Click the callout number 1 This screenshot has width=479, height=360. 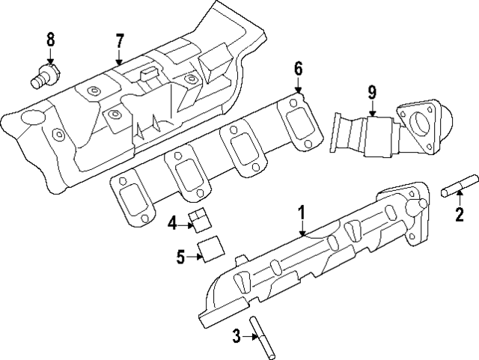coord(302,211)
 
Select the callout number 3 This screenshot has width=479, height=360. coord(236,337)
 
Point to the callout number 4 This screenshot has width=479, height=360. coord(172,222)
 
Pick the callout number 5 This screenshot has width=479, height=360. coord(180,257)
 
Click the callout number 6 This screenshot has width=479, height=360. coord(298,69)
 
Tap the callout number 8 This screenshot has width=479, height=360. coord(50,39)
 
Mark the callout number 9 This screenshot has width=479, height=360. coord(371,93)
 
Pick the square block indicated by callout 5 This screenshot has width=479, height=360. coord(210,248)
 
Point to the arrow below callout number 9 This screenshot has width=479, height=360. coord(371,108)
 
